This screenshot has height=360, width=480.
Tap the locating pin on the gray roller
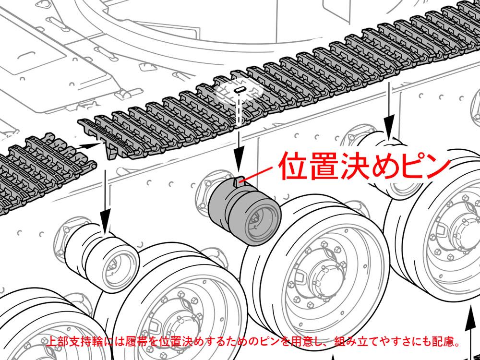coord(238,181)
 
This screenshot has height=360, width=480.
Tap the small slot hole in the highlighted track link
coord(240,90)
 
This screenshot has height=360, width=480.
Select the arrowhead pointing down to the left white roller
coord(106,221)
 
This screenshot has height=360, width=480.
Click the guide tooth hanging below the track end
coord(111,152)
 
